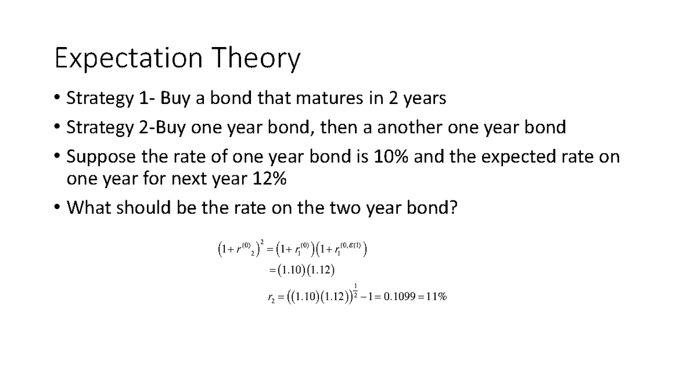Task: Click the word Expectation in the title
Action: point(128,59)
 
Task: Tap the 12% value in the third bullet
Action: point(269,179)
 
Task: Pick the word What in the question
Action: point(89,208)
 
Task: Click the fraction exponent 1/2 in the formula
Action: point(355,289)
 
